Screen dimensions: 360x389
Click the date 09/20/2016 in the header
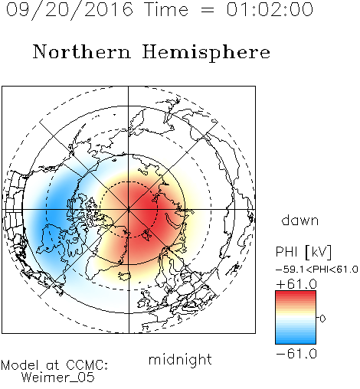(70, 10)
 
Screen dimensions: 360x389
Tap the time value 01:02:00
(270, 9)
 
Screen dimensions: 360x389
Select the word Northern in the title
(82, 51)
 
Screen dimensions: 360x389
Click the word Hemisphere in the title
(206, 53)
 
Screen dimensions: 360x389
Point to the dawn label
(300, 221)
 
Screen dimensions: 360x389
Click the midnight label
(180, 359)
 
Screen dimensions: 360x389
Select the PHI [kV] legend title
(303, 252)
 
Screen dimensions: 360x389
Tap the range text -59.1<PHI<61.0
(317, 270)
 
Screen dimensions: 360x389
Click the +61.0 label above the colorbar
(296, 284)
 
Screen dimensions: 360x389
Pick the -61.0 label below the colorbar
(296, 354)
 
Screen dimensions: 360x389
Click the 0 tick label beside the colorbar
(322, 319)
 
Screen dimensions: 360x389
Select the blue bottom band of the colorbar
(296, 340)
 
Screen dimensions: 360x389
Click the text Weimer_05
(58, 378)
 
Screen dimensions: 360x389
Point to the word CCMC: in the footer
(87, 365)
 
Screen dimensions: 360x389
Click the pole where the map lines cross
(129, 210)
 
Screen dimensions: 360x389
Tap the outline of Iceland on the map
(125, 276)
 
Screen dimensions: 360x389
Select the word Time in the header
(166, 9)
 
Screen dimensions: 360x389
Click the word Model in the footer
(20, 365)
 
